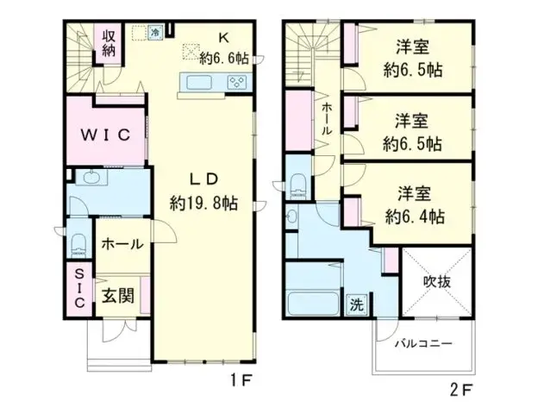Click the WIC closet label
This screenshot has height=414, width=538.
(106, 135)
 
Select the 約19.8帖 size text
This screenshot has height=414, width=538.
(204, 204)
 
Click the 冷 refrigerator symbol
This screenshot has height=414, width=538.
(155, 33)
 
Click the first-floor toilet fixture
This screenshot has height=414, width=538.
(78, 243)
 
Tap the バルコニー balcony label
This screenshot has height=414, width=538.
(424, 343)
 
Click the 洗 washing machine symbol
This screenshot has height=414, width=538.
(357, 304)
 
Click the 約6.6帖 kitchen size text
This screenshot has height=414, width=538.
(223, 58)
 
